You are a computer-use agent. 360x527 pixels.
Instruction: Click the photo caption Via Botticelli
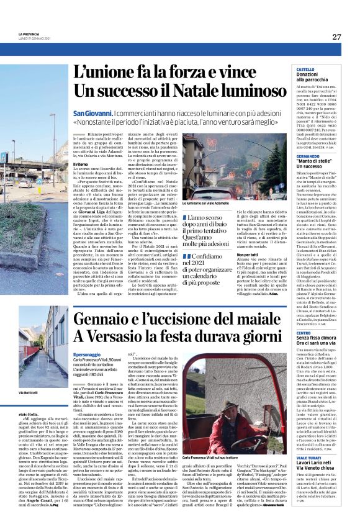click(x=29, y=394)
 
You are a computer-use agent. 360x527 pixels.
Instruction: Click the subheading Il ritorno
click(x=81, y=164)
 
